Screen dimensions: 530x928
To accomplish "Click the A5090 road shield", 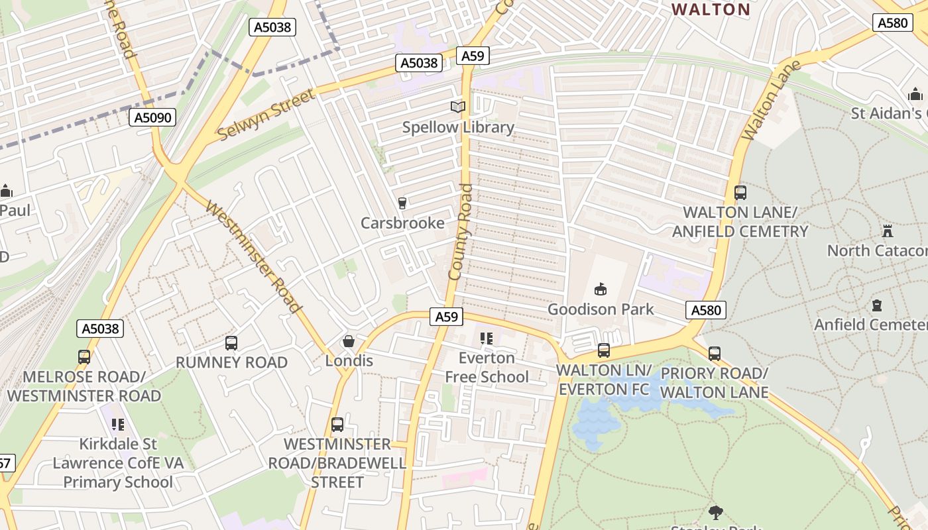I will coord(152,118).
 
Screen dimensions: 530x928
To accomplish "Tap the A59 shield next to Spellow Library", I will coord(473,56).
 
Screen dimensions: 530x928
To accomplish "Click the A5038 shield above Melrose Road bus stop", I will coord(100,329).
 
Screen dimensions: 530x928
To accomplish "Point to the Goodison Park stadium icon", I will coord(601,289).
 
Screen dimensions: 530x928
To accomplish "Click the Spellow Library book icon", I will coord(458,107).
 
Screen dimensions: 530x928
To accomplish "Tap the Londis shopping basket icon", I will coord(348,341).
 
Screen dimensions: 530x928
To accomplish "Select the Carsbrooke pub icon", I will coord(402,203).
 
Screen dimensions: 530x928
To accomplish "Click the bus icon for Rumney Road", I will coord(231,343).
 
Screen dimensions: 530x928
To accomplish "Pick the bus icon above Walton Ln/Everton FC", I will coord(603,350).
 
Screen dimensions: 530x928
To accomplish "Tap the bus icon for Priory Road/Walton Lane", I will coord(714,354).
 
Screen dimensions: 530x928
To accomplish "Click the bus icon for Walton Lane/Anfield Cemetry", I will coord(740,193).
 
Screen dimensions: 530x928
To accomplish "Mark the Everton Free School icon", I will coord(487,339).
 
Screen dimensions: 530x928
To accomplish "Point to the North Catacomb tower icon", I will coord(887,231).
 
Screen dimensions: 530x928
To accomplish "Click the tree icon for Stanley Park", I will coord(715,512).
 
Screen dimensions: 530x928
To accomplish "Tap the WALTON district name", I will coord(711,9).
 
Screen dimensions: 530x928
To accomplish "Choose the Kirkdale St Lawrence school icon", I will coord(117,424).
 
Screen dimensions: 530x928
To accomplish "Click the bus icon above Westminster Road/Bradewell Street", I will coord(337,424).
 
